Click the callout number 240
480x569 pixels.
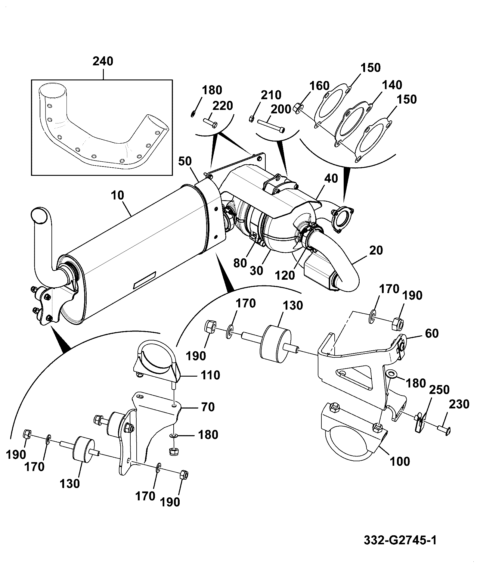click(103, 61)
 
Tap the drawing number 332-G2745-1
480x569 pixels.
click(400, 540)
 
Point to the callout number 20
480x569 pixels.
click(376, 250)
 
